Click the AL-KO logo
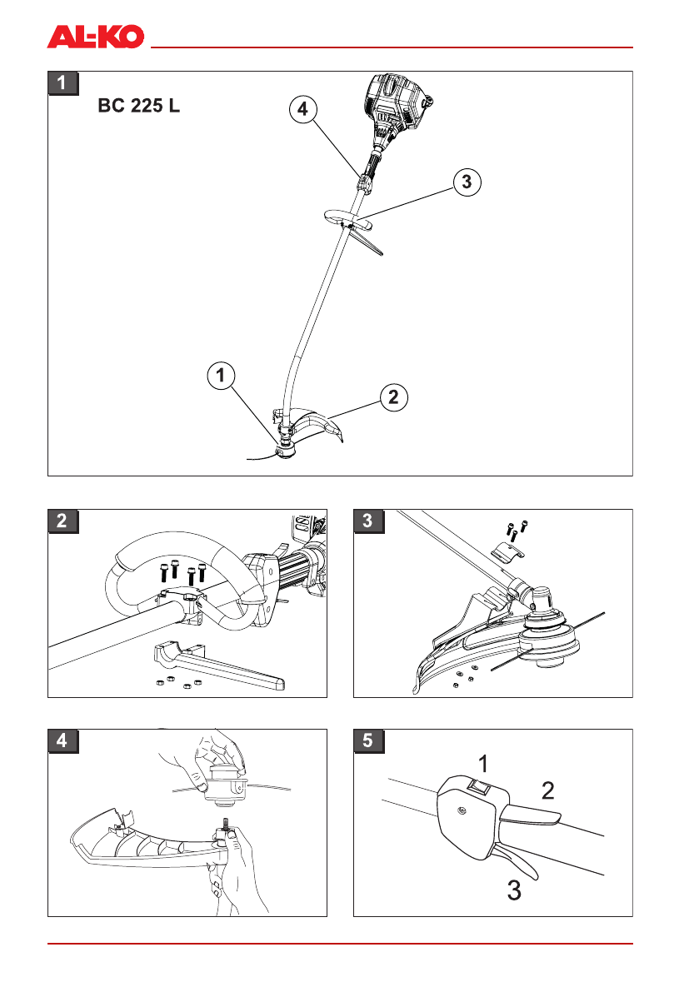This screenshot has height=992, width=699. [x=96, y=36]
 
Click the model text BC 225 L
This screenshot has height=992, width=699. [x=139, y=107]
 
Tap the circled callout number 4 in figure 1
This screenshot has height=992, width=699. [x=303, y=108]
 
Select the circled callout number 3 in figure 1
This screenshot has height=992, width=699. [x=467, y=181]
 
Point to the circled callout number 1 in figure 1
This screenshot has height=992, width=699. [x=220, y=376]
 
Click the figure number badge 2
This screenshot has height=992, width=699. [x=63, y=521]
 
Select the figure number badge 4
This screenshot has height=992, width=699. [x=63, y=740]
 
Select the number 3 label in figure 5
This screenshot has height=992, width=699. [x=515, y=891]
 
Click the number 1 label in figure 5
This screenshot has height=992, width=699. [x=483, y=761]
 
